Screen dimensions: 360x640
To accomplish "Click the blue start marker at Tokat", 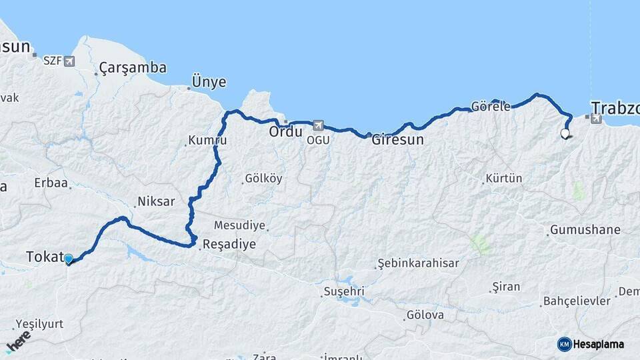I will (68, 259).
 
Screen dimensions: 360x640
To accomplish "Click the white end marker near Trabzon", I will (565, 133).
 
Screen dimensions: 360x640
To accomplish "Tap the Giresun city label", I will (397, 140).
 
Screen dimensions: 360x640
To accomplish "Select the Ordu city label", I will (286, 132).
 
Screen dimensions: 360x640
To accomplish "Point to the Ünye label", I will (209, 82).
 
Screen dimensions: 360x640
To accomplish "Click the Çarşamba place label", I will (133, 67).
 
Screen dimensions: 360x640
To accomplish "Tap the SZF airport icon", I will (69, 61).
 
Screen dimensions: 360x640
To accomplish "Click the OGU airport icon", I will (317, 125).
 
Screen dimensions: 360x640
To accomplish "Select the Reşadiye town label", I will (229, 244).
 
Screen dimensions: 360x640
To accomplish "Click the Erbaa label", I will (51, 183).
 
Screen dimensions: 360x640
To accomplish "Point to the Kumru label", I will (207, 141).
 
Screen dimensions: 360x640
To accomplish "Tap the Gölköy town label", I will (263, 178).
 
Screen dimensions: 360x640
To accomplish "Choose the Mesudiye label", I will (239, 225).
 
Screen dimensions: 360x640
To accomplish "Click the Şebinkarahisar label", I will (418, 263).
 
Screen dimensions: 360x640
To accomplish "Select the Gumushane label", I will (585, 230).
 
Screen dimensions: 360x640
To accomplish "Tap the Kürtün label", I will (504, 179).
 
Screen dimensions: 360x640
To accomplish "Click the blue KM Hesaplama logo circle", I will (565, 344).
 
